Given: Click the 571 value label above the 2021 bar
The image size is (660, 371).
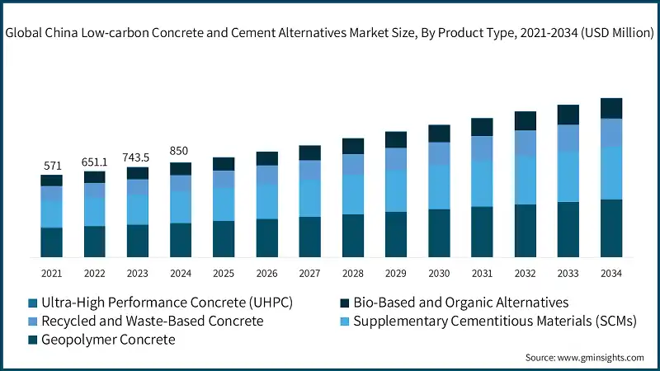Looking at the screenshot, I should [51, 166].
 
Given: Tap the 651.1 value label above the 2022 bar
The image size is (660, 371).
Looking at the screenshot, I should [94, 162].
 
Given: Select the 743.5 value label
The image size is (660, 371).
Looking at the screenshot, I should [137, 157].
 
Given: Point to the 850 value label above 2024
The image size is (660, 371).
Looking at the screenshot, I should [180, 151].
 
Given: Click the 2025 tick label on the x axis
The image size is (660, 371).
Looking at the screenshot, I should [224, 273].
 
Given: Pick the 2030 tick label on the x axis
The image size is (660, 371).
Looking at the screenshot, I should [439, 273].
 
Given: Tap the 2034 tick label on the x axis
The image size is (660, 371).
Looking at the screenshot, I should [610, 273].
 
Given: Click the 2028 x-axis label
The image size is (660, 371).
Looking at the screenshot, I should [352, 273].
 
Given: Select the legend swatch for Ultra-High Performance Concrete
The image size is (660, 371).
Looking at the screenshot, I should [33, 303].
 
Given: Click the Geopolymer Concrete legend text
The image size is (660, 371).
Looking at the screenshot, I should [109, 340].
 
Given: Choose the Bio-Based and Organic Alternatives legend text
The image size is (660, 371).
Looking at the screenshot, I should [461, 303].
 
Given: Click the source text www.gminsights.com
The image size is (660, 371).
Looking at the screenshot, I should [600, 357].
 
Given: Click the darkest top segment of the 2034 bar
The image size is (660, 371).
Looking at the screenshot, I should [610, 108].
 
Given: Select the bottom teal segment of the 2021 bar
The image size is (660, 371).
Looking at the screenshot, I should [51, 242].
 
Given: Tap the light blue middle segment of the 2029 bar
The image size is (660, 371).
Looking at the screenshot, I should [396, 190].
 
